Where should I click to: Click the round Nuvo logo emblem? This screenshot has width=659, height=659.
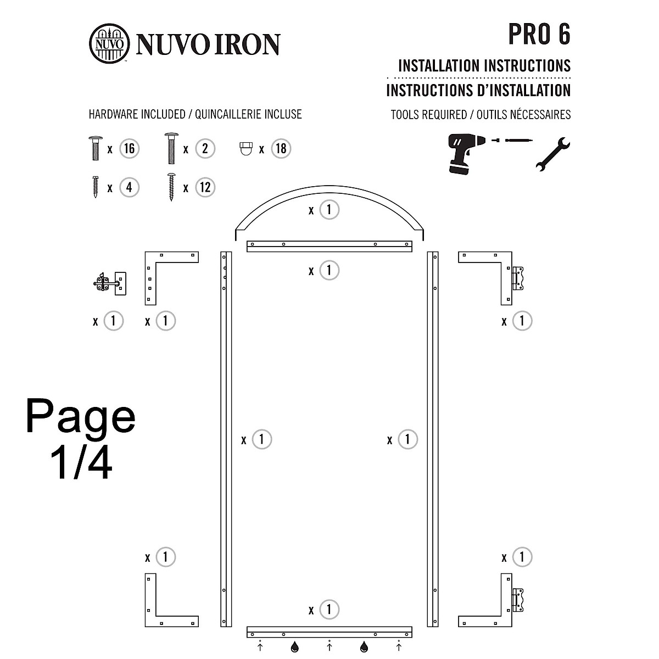(x=109, y=44)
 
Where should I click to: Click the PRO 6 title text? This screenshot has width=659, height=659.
(x=539, y=35)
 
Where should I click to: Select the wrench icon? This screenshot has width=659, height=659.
(x=552, y=154)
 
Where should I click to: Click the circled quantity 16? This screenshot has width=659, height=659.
(x=129, y=149)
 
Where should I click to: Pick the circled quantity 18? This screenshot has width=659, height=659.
(x=281, y=149)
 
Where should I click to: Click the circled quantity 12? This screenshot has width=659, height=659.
(x=205, y=187)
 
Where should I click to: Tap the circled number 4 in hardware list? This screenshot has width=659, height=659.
(x=129, y=187)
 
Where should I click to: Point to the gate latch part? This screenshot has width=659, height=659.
(x=110, y=283)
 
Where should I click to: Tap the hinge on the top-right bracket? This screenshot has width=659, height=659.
(x=518, y=278)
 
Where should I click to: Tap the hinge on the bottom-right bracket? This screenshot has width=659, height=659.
(x=518, y=600)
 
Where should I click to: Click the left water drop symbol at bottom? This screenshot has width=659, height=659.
(x=295, y=648)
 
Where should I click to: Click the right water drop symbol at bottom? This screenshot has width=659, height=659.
(x=364, y=648)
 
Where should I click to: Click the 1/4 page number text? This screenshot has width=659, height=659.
(x=81, y=462)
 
